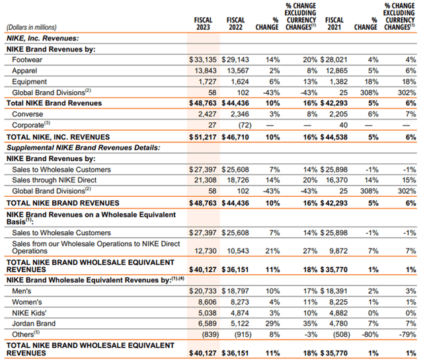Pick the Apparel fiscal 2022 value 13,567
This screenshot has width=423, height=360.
[237, 71]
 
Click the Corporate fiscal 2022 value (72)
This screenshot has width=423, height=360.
[241, 124]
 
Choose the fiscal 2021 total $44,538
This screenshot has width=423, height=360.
[334, 136]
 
